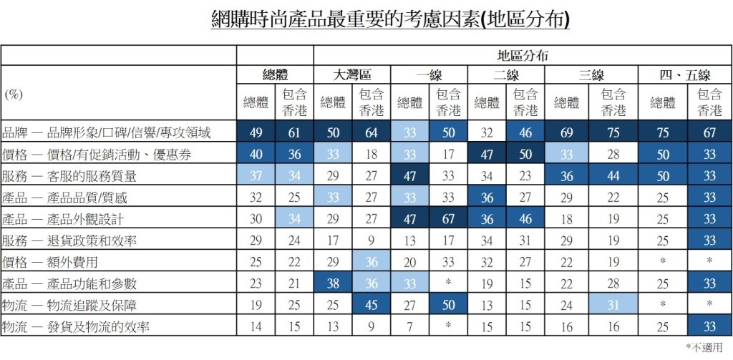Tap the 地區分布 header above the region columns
[523, 55]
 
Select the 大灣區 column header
[352, 74]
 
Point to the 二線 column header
[506, 74]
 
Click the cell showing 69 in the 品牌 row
[565, 132]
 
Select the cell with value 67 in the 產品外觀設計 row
[448, 219]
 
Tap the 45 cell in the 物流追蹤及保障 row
[371, 306]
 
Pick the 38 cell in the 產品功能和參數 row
[332, 283]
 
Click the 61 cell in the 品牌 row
[294, 132]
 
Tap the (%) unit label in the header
[14, 94]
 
